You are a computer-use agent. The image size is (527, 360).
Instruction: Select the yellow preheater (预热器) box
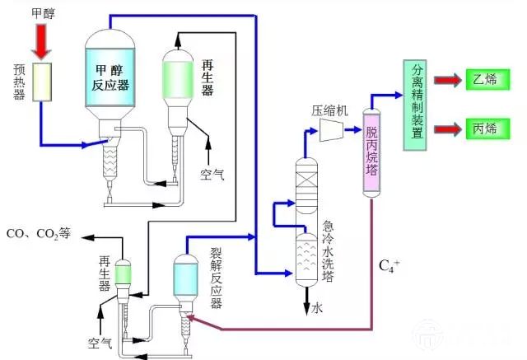tap(41, 82)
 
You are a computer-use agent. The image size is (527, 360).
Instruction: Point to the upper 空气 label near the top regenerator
tap(212, 174)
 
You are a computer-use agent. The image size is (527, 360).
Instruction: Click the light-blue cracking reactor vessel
tap(185, 276)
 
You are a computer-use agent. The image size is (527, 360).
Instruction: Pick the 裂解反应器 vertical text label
tap(217, 276)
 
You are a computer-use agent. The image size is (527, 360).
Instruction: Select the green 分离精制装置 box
tap(415, 105)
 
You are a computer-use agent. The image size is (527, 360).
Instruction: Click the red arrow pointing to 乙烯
tap(448, 80)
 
